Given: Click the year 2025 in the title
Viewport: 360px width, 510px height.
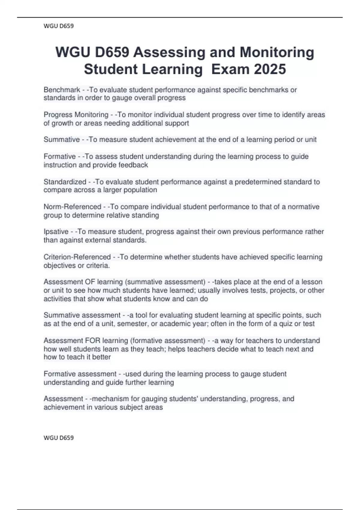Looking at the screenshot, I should point(270,69).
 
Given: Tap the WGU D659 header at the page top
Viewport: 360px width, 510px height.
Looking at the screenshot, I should point(58,26).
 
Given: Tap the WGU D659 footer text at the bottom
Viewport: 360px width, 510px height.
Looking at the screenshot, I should point(58,438).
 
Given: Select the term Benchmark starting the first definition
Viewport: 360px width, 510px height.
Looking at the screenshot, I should point(62,90).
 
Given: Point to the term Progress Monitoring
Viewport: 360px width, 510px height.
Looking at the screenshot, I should point(76,115).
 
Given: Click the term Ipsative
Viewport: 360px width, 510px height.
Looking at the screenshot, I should point(56,232).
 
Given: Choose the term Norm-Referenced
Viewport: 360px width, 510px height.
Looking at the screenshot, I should point(72,207).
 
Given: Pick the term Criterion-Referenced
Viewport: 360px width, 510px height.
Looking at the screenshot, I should point(77,257).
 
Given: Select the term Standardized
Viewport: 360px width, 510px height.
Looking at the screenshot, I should point(65,182).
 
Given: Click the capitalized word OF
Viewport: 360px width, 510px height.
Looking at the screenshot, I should point(90,282).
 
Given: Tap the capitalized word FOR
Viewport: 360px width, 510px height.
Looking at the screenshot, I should point(93,341).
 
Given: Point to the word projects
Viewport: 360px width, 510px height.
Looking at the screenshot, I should point(282,290).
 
